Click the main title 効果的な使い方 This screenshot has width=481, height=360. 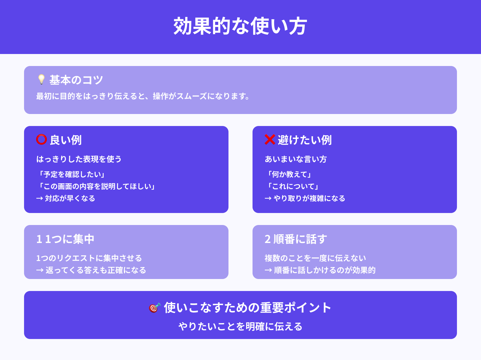240,26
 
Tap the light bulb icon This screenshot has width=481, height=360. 41,79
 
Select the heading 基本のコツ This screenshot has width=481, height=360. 76,80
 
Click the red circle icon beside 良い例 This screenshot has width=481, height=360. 41,139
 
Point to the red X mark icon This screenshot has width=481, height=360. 270,139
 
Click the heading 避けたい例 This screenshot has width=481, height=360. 305,140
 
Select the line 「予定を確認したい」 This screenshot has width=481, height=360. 72,174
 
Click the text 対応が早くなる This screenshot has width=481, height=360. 70,198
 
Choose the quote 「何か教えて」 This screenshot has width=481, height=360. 289,174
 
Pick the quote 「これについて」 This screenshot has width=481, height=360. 293,186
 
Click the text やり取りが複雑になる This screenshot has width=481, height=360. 309,198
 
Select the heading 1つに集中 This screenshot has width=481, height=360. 70,239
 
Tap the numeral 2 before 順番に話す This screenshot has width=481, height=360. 268,239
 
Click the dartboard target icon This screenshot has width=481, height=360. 155,307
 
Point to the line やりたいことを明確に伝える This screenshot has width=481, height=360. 240,326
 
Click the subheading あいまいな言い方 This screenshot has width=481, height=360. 296,159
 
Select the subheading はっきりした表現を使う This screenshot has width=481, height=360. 79,159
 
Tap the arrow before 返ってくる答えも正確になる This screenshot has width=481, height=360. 40,270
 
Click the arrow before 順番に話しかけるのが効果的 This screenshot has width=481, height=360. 268,270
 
